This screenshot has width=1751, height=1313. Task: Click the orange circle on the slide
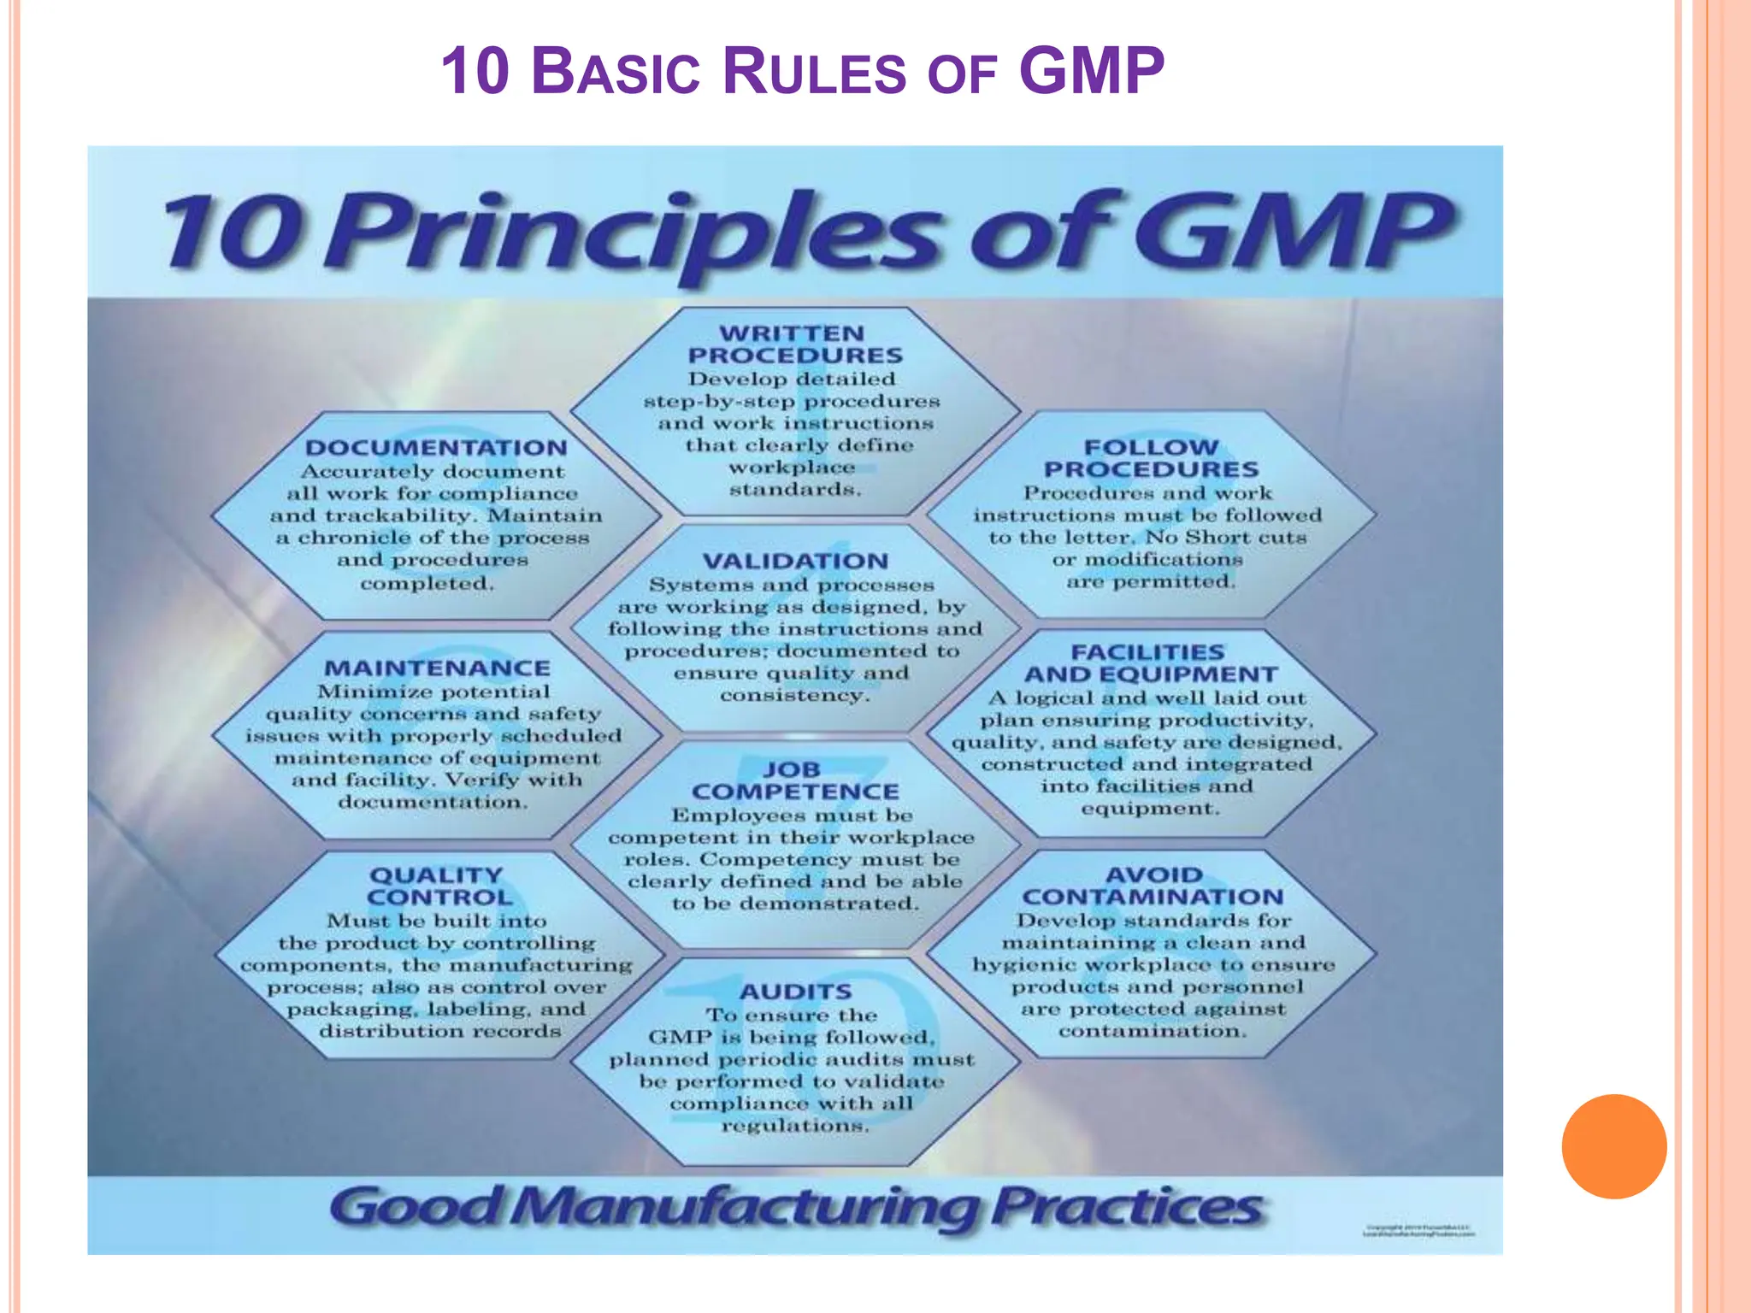[x=1613, y=1146]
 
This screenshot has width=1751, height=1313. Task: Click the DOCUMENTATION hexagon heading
[x=436, y=448]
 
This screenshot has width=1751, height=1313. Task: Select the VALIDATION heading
[x=795, y=562]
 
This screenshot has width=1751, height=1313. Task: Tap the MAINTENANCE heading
[x=437, y=668]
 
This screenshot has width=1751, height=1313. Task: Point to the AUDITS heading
[x=795, y=992]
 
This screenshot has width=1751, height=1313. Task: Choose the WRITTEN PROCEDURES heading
[x=794, y=344]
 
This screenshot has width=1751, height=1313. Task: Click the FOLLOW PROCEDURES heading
[x=1151, y=458]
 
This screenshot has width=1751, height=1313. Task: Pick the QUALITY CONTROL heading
[x=438, y=886]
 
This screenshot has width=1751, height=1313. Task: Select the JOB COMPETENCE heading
[x=794, y=780]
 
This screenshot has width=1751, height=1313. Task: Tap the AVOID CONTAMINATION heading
[x=1153, y=886]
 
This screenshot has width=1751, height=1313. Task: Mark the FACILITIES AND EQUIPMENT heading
[x=1150, y=663]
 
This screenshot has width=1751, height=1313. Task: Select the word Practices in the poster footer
[x=1127, y=1208]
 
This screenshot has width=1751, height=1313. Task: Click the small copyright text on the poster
[x=1420, y=1232]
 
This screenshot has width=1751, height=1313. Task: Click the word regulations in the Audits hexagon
[x=795, y=1126]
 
